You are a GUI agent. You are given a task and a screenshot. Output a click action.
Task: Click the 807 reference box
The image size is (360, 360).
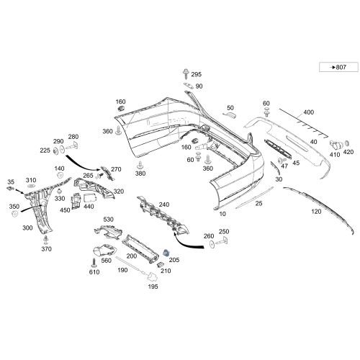338,67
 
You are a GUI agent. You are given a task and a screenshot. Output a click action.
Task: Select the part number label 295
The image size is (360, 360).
196,74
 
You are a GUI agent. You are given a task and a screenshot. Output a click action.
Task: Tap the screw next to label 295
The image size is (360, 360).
186,73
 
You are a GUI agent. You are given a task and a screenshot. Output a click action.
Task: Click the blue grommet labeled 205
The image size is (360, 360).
166,253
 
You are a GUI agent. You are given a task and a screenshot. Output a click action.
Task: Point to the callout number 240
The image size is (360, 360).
164,204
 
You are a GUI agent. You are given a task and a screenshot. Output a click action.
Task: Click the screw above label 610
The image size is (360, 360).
94,263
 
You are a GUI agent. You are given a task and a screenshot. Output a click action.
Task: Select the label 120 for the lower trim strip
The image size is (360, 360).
316,212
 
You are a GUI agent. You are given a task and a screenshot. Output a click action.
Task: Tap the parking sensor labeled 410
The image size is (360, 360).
336,145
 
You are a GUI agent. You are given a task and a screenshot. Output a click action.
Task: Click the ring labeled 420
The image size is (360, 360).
347,143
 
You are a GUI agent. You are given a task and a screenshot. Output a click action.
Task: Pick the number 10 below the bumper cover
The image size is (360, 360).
222,214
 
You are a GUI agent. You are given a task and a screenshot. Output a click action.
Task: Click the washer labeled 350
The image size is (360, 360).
14,214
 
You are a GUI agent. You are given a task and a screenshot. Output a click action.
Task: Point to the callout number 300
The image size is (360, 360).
27,228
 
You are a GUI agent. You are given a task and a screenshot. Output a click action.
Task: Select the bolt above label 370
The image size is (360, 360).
45,240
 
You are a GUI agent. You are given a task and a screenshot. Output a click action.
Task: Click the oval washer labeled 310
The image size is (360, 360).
31,186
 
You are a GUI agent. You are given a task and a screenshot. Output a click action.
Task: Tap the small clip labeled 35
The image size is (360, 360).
10,189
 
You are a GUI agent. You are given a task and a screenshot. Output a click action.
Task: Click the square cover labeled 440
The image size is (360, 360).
90,198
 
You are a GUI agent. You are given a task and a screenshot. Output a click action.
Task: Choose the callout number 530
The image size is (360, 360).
108,219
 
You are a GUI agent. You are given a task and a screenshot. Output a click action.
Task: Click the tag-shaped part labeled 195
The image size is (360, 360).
152,276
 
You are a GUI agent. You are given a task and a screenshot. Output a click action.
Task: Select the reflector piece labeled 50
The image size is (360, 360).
231,115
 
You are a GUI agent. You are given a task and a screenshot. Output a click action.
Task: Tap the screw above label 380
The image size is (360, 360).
140,166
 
